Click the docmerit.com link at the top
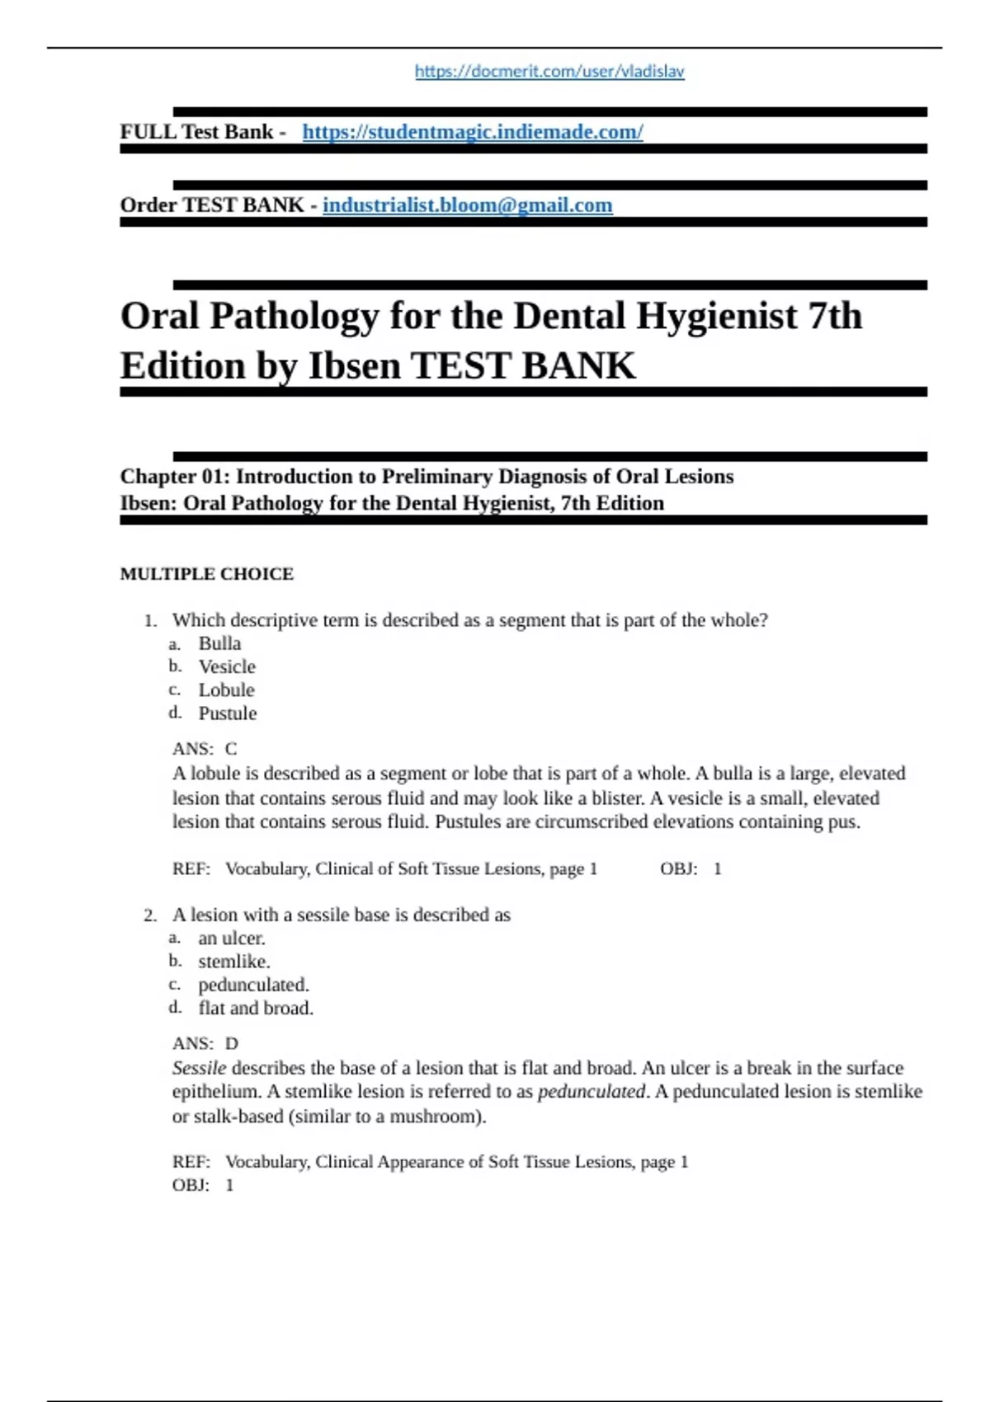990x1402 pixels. pyautogui.click(x=549, y=72)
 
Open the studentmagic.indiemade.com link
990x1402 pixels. pyautogui.click(x=473, y=132)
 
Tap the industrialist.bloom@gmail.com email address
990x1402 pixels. pyautogui.click(x=467, y=205)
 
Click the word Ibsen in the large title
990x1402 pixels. pyautogui.click(x=354, y=366)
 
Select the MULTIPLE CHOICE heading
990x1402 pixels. pyautogui.click(x=207, y=574)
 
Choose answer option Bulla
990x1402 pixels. pyautogui.click(x=219, y=644)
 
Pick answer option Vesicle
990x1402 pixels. pyautogui.click(x=227, y=667)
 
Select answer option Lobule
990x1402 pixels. pyautogui.click(x=226, y=690)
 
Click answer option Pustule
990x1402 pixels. pyautogui.click(x=227, y=713)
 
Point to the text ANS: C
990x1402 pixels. pyautogui.click(x=205, y=749)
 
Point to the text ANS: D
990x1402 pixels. pyautogui.click(x=205, y=1043)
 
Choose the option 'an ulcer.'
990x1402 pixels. pyautogui.click(x=231, y=939)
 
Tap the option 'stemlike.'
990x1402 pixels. pyautogui.click(x=233, y=962)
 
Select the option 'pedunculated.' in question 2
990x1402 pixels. pyautogui.click(x=253, y=985)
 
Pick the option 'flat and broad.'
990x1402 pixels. pyautogui.click(x=256, y=1008)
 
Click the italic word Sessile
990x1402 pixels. pyautogui.click(x=199, y=1068)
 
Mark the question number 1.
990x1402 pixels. pyautogui.click(x=149, y=621)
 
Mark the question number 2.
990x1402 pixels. pyautogui.click(x=149, y=915)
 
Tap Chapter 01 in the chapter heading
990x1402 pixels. pyautogui.click(x=174, y=477)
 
